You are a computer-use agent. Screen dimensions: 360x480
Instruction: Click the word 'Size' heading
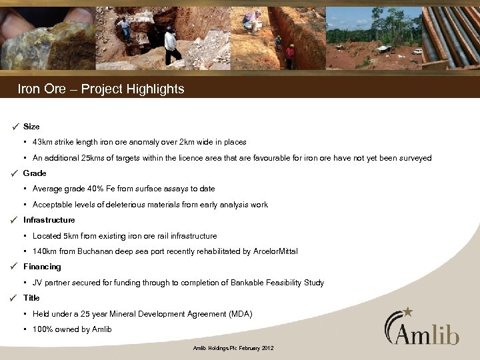[x=31, y=127]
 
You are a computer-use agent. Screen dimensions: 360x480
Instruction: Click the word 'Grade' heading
[x=35, y=173]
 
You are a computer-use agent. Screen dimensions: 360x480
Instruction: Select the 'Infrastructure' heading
[x=49, y=220]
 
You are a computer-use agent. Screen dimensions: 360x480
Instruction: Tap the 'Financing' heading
[x=41, y=267]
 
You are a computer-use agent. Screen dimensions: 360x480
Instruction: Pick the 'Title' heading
[x=31, y=298]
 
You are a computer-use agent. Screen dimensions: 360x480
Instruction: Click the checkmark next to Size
[x=14, y=127]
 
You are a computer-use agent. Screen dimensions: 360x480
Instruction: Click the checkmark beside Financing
[x=14, y=267]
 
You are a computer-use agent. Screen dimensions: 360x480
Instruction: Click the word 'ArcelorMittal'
[x=272, y=251]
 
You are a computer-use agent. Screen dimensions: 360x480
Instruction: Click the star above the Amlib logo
[x=408, y=311]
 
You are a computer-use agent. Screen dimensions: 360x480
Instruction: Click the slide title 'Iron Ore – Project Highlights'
[x=101, y=89]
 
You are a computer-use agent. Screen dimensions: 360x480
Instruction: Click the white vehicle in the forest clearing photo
[x=417, y=51]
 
